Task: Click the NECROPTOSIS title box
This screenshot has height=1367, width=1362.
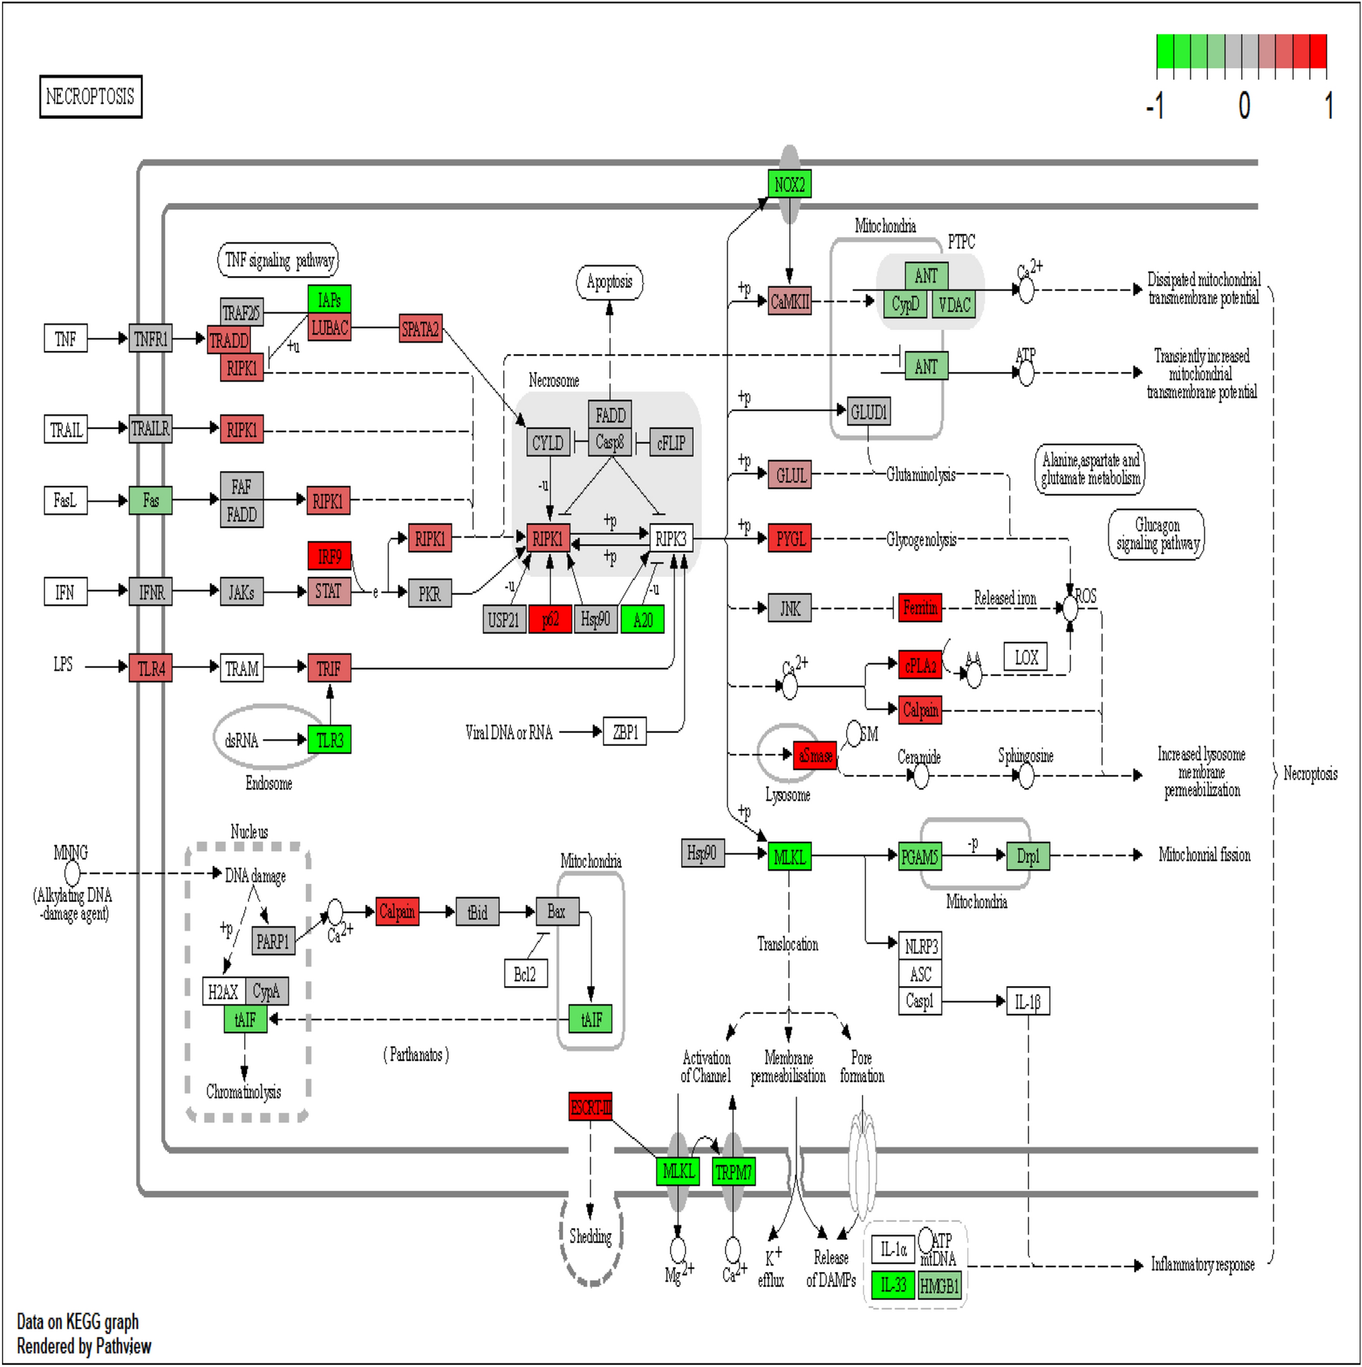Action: (90, 96)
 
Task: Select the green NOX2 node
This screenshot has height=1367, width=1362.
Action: (789, 185)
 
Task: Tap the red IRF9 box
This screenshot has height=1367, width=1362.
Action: (329, 556)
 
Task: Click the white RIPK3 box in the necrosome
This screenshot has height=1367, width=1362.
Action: (670, 539)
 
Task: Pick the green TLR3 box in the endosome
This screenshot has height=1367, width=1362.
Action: (329, 740)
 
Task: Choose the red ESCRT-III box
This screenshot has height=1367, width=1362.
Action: (590, 1107)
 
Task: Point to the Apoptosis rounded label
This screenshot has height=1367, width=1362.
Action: (609, 282)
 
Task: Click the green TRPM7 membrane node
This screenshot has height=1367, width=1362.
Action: (733, 1172)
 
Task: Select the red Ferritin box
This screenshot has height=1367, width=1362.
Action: (920, 607)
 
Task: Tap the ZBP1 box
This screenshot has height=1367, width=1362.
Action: (625, 732)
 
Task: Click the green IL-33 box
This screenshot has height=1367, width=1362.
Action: (893, 1285)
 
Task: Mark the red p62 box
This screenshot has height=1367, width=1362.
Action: (550, 620)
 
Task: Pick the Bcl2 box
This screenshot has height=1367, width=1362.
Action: (525, 974)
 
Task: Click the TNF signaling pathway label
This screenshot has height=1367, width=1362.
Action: (278, 261)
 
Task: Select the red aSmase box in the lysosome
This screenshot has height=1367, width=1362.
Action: (815, 755)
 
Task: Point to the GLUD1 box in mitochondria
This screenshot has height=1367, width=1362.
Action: (868, 412)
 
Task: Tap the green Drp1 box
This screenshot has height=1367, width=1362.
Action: (1027, 856)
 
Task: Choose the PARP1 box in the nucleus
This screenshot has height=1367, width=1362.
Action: (273, 941)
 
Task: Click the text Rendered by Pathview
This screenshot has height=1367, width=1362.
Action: (84, 1346)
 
